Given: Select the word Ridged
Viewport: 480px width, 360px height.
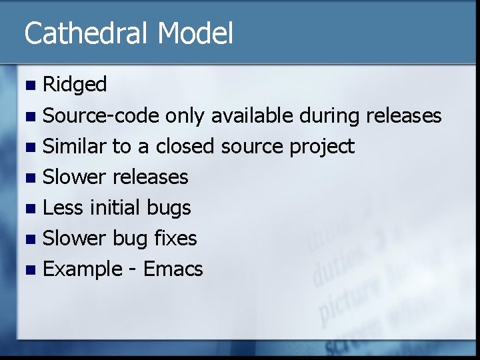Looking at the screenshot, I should click(75, 85).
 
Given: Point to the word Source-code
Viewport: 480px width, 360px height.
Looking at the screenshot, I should click(101, 115).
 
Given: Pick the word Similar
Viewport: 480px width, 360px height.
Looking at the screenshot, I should click(74, 146).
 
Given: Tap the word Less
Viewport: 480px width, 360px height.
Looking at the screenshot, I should click(63, 208).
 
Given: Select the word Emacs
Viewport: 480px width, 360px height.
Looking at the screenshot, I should click(173, 269).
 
